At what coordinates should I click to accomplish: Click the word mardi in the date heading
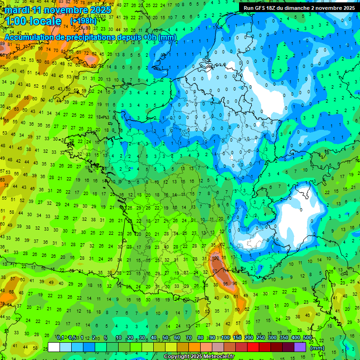(17, 10)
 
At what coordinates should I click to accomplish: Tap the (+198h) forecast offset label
(83, 22)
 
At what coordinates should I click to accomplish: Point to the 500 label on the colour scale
(307, 338)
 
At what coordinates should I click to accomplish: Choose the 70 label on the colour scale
(189, 338)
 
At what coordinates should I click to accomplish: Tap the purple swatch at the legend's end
(300, 347)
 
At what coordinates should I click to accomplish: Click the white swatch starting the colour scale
(54, 347)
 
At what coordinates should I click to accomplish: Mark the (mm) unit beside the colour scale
(317, 348)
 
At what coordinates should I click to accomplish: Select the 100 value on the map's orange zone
(216, 258)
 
